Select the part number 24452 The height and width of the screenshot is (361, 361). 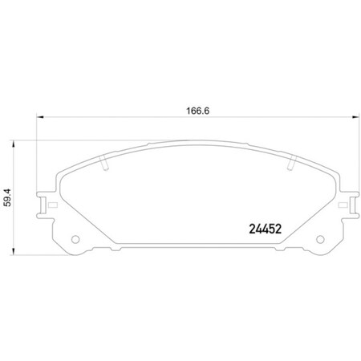pos(262,226)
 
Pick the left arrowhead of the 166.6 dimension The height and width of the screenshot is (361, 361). pos(40,120)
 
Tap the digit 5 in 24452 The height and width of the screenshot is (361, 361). pos(269,226)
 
